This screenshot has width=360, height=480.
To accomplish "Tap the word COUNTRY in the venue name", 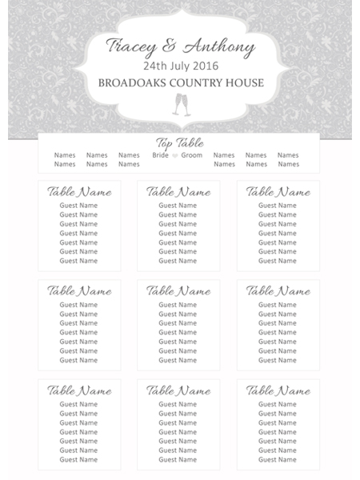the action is (202, 82).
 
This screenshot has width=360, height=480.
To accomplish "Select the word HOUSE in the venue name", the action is (246, 82).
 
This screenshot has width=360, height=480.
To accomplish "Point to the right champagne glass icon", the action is (187, 104).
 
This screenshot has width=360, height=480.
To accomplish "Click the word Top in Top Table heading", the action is (164, 143).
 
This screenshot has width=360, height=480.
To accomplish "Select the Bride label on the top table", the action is (161, 155).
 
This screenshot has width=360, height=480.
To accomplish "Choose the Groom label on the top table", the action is (192, 155).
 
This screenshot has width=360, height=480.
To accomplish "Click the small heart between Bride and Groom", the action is (175, 155).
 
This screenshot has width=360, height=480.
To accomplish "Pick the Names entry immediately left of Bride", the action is (129, 155).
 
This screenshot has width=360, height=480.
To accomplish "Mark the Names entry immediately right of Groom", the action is (224, 155).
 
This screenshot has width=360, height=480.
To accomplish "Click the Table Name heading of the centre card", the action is (178, 291).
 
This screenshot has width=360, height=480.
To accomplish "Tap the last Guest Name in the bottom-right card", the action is (278, 460).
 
